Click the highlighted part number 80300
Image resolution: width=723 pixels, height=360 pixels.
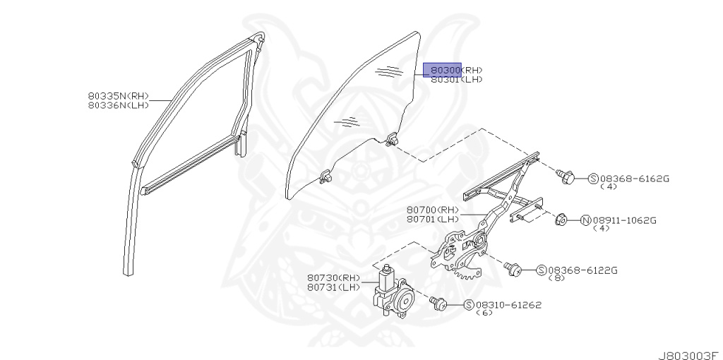(x=442, y=70)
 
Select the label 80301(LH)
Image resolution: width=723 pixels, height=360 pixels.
(x=456, y=80)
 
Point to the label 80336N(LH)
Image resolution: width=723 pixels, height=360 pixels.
(x=119, y=105)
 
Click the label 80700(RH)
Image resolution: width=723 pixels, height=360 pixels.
(x=433, y=210)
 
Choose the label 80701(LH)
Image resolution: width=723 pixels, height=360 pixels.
(x=433, y=219)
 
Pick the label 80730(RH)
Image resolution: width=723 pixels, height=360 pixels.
(x=333, y=277)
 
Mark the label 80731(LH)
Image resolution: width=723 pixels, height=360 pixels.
(x=333, y=287)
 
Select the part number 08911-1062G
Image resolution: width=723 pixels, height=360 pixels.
(x=624, y=220)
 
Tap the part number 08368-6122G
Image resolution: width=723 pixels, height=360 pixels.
(x=582, y=270)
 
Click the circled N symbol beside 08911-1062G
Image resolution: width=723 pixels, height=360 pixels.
(x=585, y=220)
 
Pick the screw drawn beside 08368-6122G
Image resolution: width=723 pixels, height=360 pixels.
(x=514, y=268)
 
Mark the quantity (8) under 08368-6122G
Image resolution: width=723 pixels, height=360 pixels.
(x=556, y=278)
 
